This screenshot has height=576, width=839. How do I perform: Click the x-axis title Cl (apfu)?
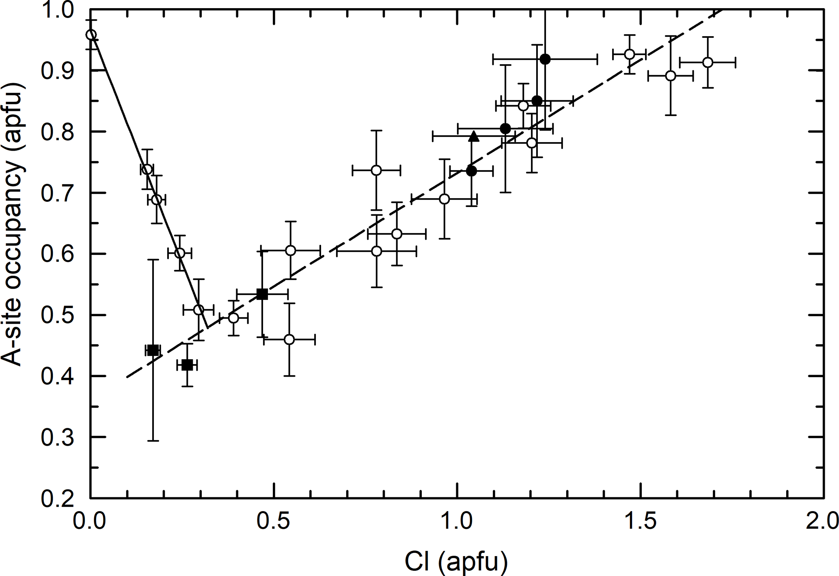pyautogui.click(x=456, y=563)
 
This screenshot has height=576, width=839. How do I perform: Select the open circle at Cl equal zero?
pyautogui.click(x=91, y=35)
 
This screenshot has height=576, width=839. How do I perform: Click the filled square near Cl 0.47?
pyautogui.click(x=262, y=294)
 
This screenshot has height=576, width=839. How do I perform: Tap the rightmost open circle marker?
pyautogui.click(x=707, y=62)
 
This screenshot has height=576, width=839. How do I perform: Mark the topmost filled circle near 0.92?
pyautogui.click(x=545, y=59)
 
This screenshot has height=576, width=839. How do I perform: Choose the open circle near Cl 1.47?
pyautogui.click(x=629, y=54)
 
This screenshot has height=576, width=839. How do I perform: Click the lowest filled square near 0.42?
pyautogui.click(x=187, y=365)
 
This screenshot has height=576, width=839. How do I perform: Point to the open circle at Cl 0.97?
pyautogui.click(x=444, y=199)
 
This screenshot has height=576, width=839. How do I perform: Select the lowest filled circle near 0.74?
pyautogui.click(x=471, y=171)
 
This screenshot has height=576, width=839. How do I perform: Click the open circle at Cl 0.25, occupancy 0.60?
pyautogui.click(x=179, y=253)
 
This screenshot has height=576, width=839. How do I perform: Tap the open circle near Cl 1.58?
pyautogui.click(x=671, y=76)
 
